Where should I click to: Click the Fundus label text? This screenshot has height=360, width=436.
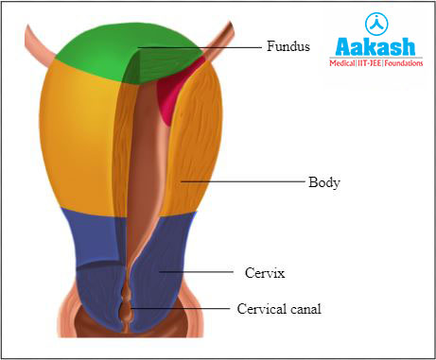287,44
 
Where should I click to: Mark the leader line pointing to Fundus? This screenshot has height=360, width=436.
199,45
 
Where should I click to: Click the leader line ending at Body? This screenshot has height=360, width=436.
241,180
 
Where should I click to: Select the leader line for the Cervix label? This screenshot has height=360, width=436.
199,272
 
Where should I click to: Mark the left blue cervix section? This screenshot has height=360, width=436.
90,265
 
